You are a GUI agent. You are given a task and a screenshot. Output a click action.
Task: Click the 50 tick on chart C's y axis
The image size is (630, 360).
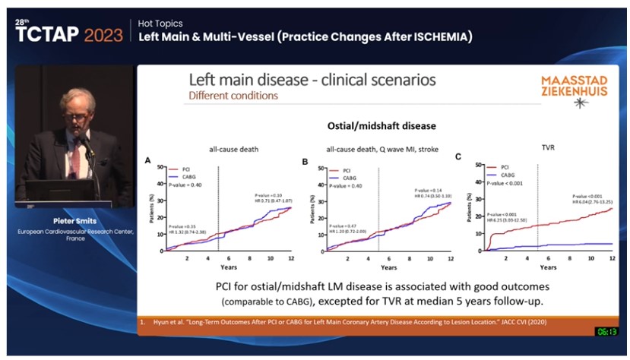click(x=479, y=164)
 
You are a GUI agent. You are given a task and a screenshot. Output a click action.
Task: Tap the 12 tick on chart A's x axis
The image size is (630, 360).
click(x=291, y=259)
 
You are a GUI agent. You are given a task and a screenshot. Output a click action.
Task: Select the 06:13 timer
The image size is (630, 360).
click(x=606, y=331)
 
